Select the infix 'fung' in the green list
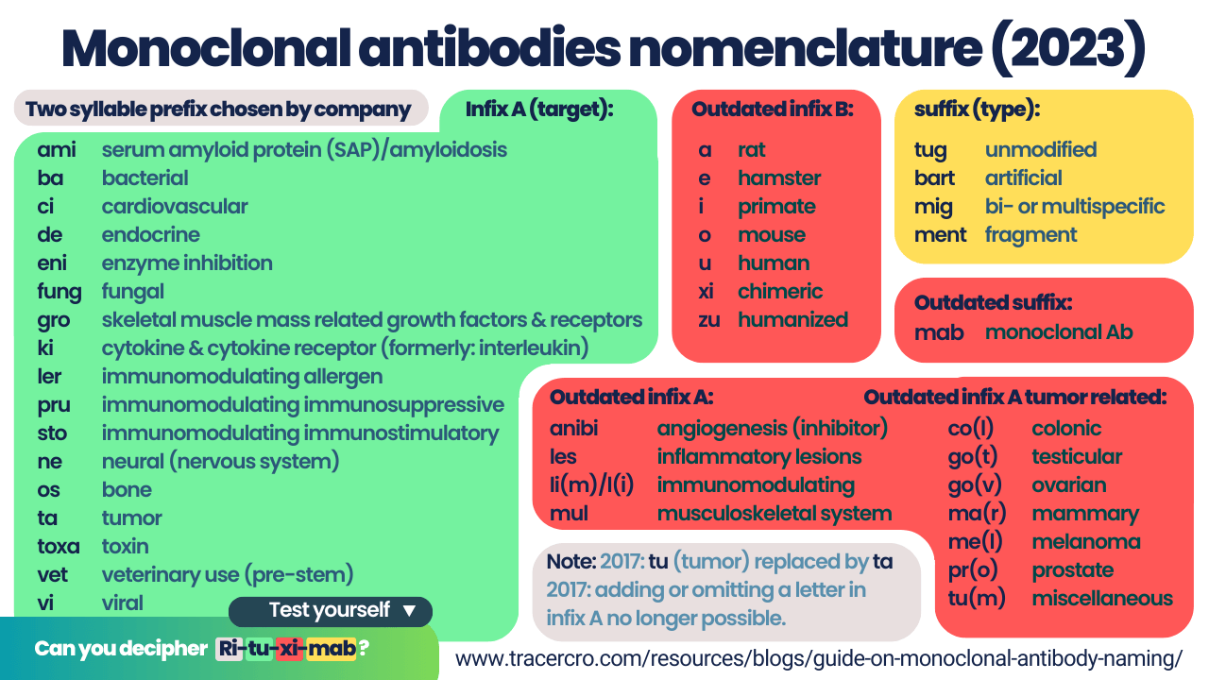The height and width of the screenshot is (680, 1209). tap(60, 292)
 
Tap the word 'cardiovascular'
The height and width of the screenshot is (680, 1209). tap(175, 206)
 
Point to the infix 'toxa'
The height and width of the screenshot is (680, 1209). tap(59, 546)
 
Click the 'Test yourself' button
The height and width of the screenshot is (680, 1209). tap(331, 611)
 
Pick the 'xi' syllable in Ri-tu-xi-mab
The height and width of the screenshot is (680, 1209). tap(289, 648)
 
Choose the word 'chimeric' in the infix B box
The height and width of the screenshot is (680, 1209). tap(780, 292)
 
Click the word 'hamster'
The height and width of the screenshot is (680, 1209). tap(779, 178)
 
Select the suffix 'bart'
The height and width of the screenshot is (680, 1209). tap(934, 178)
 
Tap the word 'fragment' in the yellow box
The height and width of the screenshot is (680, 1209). tap(1030, 235)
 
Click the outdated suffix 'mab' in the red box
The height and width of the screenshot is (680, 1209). tap(939, 332)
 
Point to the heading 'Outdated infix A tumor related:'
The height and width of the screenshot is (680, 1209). tap(1015, 398)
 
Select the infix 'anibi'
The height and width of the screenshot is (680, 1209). tap(573, 429)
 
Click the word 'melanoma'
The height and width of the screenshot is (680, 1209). tap(1086, 542)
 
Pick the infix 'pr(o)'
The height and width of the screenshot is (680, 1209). tap(973, 570)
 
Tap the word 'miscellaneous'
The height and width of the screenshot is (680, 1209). tap(1102, 599)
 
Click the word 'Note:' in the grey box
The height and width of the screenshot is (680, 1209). tap(571, 562)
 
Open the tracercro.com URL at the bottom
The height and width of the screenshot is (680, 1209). tap(819, 659)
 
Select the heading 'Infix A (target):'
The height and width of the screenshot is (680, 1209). tap(539, 110)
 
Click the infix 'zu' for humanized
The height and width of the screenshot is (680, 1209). tap(709, 320)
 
